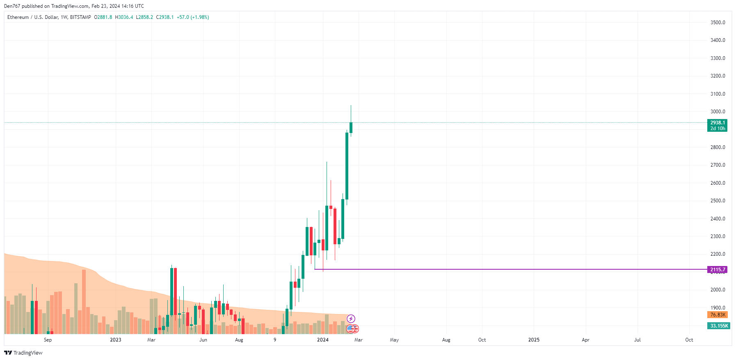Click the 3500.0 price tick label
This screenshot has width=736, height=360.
pyautogui.click(x=718, y=23)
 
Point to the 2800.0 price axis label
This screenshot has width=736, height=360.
pyautogui.click(x=718, y=147)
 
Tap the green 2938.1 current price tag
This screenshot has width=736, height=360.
pyautogui.click(x=718, y=125)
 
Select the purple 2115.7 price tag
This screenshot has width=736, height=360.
pyautogui.click(x=718, y=270)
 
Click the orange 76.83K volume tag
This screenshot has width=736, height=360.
pyautogui.click(x=718, y=315)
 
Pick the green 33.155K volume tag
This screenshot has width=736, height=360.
pyautogui.click(x=719, y=326)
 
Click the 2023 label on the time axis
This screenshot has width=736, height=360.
pyautogui.click(x=116, y=340)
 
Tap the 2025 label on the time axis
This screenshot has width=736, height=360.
pyautogui.click(x=534, y=340)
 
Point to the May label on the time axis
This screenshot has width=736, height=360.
pyautogui.click(x=394, y=340)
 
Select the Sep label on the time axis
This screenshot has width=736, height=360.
pyautogui.click(x=48, y=340)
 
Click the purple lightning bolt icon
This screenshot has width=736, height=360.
pyautogui.click(x=351, y=319)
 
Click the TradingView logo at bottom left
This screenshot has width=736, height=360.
pyautogui.click(x=23, y=353)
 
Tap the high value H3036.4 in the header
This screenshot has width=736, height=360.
pyautogui.click(x=124, y=17)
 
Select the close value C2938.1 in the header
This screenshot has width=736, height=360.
pyautogui.click(x=165, y=17)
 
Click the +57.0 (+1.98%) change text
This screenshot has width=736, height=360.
pyautogui.click(x=193, y=17)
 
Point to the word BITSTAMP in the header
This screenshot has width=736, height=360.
pyautogui.click(x=80, y=17)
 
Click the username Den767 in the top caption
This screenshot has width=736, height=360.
pyautogui.click(x=12, y=6)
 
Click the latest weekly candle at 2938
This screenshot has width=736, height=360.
pyautogui.click(x=351, y=128)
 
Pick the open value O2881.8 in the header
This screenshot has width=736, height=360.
pyautogui.click(x=103, y=17)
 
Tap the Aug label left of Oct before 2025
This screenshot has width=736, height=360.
pyautogui.click(x=446, y=340)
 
